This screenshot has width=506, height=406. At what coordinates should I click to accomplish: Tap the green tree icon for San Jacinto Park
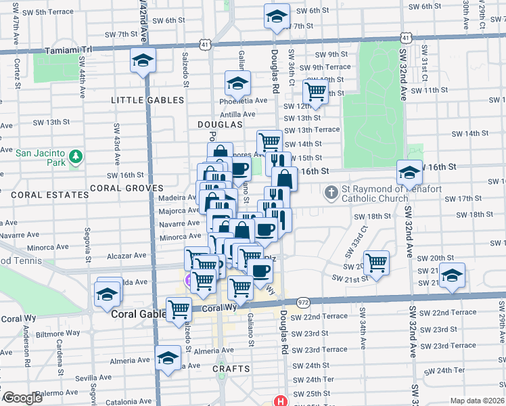click(x=77, y=157)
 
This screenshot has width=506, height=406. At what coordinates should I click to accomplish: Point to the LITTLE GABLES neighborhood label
click(x=147, y=99)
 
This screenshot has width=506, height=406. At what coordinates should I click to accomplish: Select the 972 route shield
click(x=303, y=301)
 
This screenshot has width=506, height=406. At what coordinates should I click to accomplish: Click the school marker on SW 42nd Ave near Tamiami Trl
click(x=143, y=61)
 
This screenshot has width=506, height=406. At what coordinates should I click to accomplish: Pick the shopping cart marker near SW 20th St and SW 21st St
click(x=376, y=261)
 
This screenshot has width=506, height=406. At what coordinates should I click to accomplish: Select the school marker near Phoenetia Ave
click(x=237, y=84)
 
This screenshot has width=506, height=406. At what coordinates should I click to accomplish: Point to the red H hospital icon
click(x=280, y=401)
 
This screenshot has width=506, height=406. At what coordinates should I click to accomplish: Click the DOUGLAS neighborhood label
click(x=220, y=125)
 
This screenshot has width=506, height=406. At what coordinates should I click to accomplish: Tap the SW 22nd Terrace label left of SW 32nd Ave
click(x=325, y=317)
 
